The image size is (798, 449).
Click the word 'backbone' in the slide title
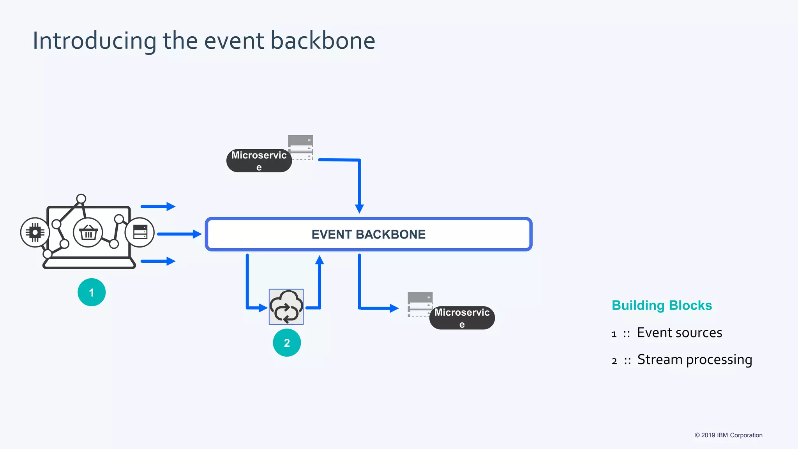click(323, 41)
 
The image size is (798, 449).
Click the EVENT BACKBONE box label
click(368, 234)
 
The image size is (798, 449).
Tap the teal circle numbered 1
click(92, 292)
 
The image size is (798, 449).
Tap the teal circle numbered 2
click(287, 343)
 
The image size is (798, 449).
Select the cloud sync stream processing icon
click(286, 307)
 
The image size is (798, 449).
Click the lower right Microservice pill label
click(462, 318)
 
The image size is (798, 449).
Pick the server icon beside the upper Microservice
click(300, 147)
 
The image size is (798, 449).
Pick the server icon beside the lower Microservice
click(420, 304)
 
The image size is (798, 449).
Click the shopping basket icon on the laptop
click(88, 233)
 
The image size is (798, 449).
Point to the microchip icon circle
click(35, 233)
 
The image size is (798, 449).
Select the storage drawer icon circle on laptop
click(140, 232)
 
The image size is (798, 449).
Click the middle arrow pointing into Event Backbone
click(179, 234)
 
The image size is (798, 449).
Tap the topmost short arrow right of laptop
click(158, 206)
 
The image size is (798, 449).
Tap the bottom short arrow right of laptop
click(158, 261)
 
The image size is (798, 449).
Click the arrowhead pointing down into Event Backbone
click(359, 209)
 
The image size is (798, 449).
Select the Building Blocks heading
click(662, 305)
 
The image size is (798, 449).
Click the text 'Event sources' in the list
click(679, 333)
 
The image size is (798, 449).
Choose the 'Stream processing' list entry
click(694, 359)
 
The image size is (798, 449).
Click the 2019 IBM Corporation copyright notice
click(728, 435)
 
